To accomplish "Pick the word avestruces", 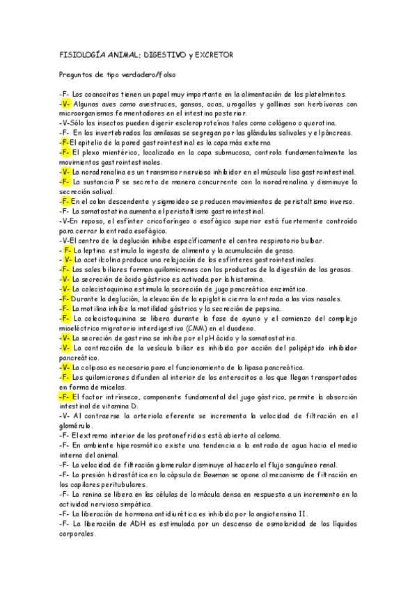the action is (159, 104).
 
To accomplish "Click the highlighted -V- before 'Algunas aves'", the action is (65, 104).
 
